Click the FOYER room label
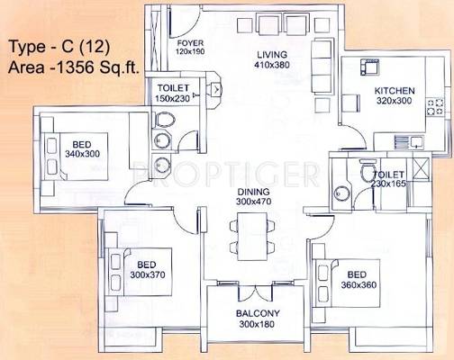190,43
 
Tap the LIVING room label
272,55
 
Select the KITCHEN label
395,91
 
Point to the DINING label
253,192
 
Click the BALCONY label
258,313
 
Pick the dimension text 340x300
82,154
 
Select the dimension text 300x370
148,274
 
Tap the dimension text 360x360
359,285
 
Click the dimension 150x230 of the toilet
172,98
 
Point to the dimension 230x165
388,184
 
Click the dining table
252,237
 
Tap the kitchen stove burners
435,107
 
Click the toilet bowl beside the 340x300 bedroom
165,120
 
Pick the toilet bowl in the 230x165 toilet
368,170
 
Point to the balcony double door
255,292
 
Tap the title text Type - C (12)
59,47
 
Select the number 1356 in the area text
74,67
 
